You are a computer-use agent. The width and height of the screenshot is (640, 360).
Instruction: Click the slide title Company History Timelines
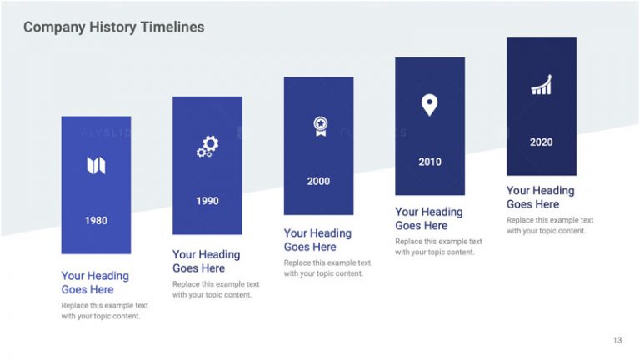(x=113, y=27)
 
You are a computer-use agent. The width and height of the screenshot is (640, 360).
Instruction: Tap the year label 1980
(x=96, y=221)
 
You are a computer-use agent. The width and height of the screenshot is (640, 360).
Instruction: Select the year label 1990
(x=207, y=201)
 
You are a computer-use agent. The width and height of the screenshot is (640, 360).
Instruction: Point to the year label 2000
(x=318, y=181)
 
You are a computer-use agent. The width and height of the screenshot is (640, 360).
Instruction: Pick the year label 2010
(x=430, y=162)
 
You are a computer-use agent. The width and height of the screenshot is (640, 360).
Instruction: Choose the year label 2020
(x=541, y=142)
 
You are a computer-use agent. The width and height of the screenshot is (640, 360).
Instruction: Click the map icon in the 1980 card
(x=96, y=165)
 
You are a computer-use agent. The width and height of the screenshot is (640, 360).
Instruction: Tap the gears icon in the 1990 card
(x=207, y=147)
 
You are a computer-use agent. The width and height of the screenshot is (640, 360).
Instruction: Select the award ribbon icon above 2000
(x=320, y=126)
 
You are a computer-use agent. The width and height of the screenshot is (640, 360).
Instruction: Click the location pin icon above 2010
(x=429, y=105)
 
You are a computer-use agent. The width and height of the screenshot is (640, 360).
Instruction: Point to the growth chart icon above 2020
(x=542, y=85)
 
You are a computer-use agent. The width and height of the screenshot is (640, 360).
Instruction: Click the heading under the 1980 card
(x=95, y=282)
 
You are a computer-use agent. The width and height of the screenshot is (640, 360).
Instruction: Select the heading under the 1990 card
(x=207, y=262)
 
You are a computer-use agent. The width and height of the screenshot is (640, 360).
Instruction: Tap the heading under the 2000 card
(x=317, y=240)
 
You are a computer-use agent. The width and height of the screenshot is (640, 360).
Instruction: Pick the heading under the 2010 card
(x=429, y=218)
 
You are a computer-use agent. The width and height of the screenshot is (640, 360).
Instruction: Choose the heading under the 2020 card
(x=540, y=197)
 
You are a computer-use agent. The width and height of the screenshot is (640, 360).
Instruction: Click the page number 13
(x=617, y=340)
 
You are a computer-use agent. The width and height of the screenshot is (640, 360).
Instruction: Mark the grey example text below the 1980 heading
(x=104, y=311)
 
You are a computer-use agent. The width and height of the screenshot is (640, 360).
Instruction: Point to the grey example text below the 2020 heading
(x=550, y=225)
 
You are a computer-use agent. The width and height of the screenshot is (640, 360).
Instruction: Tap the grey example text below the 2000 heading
(x=327, y=267)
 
